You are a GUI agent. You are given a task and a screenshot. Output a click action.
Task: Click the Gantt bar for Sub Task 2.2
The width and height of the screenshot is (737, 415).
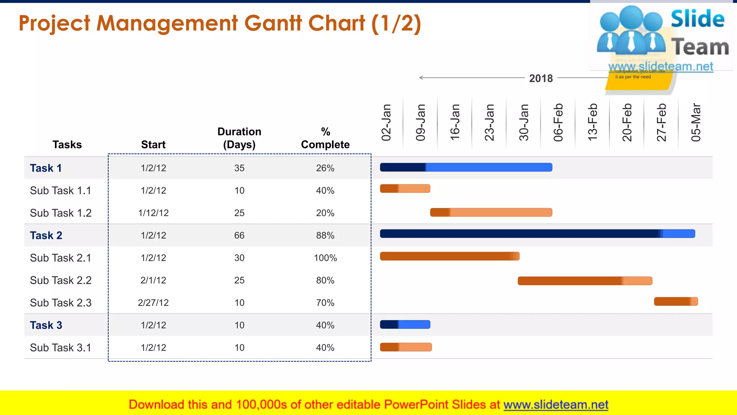(585, 281)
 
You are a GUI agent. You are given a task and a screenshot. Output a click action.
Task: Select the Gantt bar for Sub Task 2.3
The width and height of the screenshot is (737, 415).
(676, 302)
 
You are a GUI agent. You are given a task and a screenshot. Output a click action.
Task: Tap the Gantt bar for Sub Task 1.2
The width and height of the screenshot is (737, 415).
(491, 212)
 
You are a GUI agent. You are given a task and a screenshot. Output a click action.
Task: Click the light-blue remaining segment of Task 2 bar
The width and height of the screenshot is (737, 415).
(679, 234)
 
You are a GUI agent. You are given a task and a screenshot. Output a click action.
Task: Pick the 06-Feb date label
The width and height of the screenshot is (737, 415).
(558, 122)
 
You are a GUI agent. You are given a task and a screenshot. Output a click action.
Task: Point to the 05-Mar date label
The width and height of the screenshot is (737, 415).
(696, 122)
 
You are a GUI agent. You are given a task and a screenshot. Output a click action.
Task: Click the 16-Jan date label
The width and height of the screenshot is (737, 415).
(455, 122)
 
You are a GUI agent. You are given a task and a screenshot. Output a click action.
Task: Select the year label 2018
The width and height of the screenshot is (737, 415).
(541, 78)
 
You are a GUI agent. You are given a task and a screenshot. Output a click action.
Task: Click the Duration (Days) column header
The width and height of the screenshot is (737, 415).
(239, 138)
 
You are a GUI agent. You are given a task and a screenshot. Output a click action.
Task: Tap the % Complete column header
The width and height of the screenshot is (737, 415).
(325, 138)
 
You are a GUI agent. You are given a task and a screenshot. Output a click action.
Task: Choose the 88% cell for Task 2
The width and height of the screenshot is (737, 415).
(325, 236)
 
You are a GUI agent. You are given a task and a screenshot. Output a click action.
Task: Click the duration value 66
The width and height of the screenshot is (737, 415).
(239, 236)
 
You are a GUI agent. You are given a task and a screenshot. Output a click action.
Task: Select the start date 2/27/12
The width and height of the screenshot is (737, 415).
(153, 303)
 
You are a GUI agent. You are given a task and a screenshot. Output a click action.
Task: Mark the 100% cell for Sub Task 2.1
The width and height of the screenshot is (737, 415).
(325, 258)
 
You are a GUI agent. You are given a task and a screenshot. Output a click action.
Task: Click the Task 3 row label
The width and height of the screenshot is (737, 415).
(46, 325)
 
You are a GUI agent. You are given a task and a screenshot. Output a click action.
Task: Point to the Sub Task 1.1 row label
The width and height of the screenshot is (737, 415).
(60, 191)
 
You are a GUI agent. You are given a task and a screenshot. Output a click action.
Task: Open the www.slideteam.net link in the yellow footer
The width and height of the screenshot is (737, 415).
(556, 405)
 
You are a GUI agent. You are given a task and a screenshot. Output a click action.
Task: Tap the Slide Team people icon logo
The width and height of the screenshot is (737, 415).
(631, 31)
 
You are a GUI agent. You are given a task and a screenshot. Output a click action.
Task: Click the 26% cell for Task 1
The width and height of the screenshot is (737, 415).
(325, 168)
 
